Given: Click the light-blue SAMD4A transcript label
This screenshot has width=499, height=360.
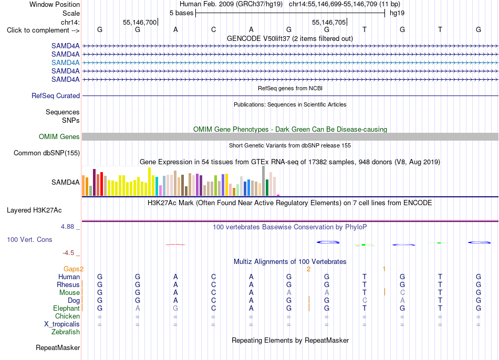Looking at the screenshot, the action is [x=65, y=62].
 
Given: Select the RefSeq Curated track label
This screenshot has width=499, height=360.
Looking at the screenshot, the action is [x=56, y=96].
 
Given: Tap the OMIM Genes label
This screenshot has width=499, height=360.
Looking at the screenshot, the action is [x=59, y=137].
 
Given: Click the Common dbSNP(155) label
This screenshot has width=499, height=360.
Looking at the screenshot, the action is [x=47, y=153].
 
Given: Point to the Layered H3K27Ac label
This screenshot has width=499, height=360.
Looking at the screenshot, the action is [x=34, y=210].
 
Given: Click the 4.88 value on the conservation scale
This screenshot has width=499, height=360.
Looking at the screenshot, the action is [x=67, y=227].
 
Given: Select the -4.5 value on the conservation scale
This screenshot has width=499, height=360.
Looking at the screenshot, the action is [x=68, y=253].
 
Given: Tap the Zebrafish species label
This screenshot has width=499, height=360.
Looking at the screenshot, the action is [x=66, y=332].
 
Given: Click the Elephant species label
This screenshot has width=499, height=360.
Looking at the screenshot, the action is [x=66, y=309].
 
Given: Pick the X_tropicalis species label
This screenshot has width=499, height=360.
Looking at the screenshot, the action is [x=62, y=324].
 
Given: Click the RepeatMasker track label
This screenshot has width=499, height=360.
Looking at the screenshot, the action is [x=58, y=347].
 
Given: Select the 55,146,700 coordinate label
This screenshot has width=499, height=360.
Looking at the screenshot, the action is [x=140, y=22].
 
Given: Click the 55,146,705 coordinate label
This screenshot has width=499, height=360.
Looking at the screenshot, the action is [x=329, y=22].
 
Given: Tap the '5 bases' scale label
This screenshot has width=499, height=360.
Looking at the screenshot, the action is [x=181, y=13].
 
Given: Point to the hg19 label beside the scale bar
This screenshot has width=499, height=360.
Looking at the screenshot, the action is [x=397, y=13].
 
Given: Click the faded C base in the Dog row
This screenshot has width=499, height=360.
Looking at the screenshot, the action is [x=365, y=301].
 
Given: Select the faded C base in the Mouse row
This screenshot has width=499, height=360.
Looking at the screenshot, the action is [x=402, y=293].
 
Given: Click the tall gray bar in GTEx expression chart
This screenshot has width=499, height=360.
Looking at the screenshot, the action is [x=264, y=181].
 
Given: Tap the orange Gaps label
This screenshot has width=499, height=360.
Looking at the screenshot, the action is [x=71, y=269].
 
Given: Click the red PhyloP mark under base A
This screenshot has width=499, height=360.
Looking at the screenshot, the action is [x=175, y=245].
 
